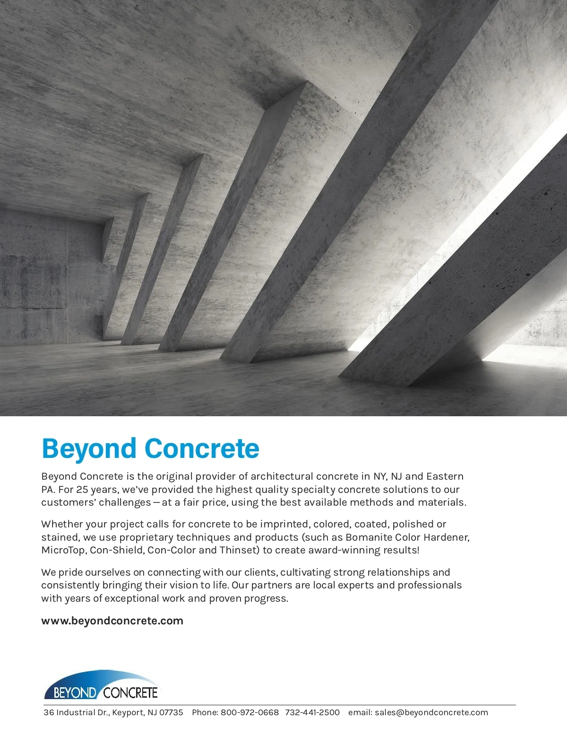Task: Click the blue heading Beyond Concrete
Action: pyautogui.click(x=150, y=448)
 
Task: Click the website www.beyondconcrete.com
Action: pyautogui.click(x=112, y=621)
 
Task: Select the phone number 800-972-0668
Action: pyautogui.click(x=249, y=712)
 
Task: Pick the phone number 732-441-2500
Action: pyautogui.click(x=312, y=712)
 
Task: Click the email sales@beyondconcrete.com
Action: pyautogui.click(x=431, y=712)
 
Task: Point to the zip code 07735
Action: pyautogui.click(x=171, y=712)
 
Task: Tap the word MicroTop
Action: pyautogui.click(x=63, y=550)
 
